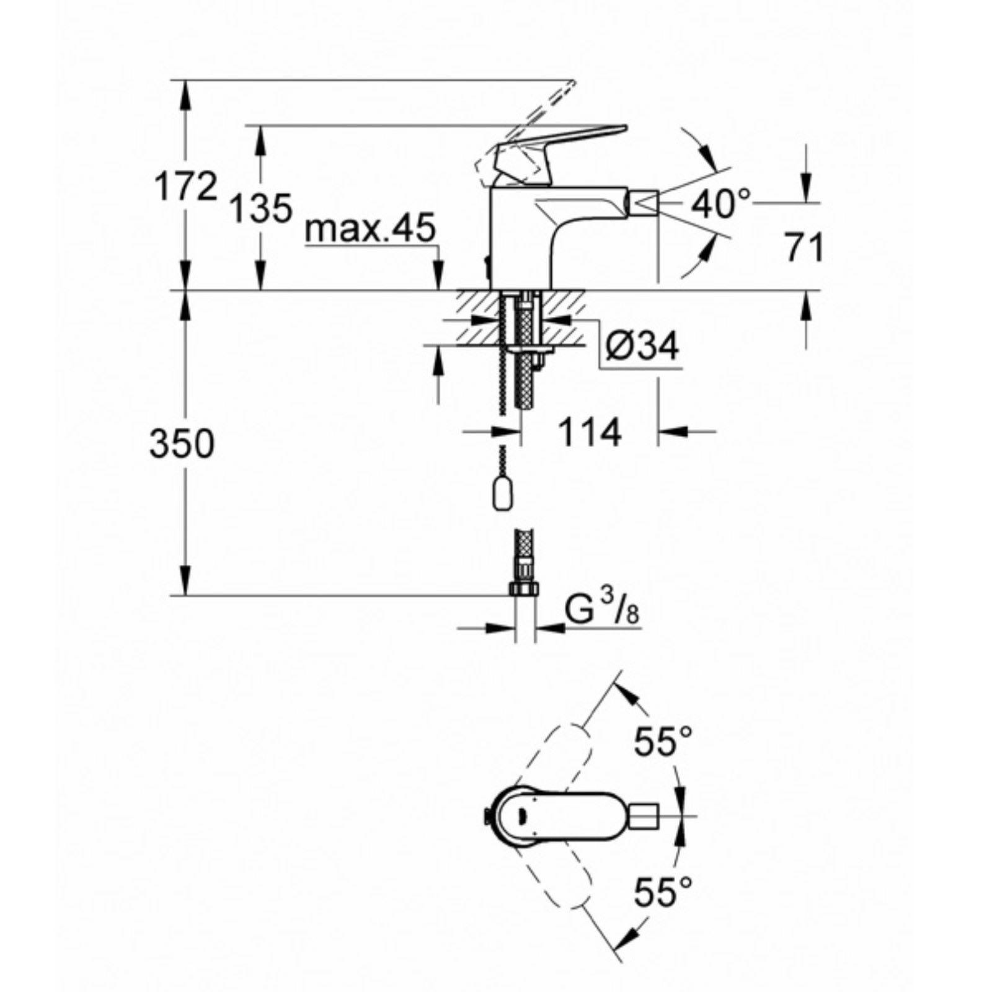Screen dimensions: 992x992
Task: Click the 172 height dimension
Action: [x=186, y=186]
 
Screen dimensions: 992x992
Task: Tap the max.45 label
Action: [x=371, y=230]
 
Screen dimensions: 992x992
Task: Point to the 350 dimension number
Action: [x=182, y=444]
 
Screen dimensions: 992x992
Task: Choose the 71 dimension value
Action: [x=804, y=248]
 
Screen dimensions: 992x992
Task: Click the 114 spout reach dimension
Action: [x=590, y=432]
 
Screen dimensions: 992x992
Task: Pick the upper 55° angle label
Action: [x=663, y=742]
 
